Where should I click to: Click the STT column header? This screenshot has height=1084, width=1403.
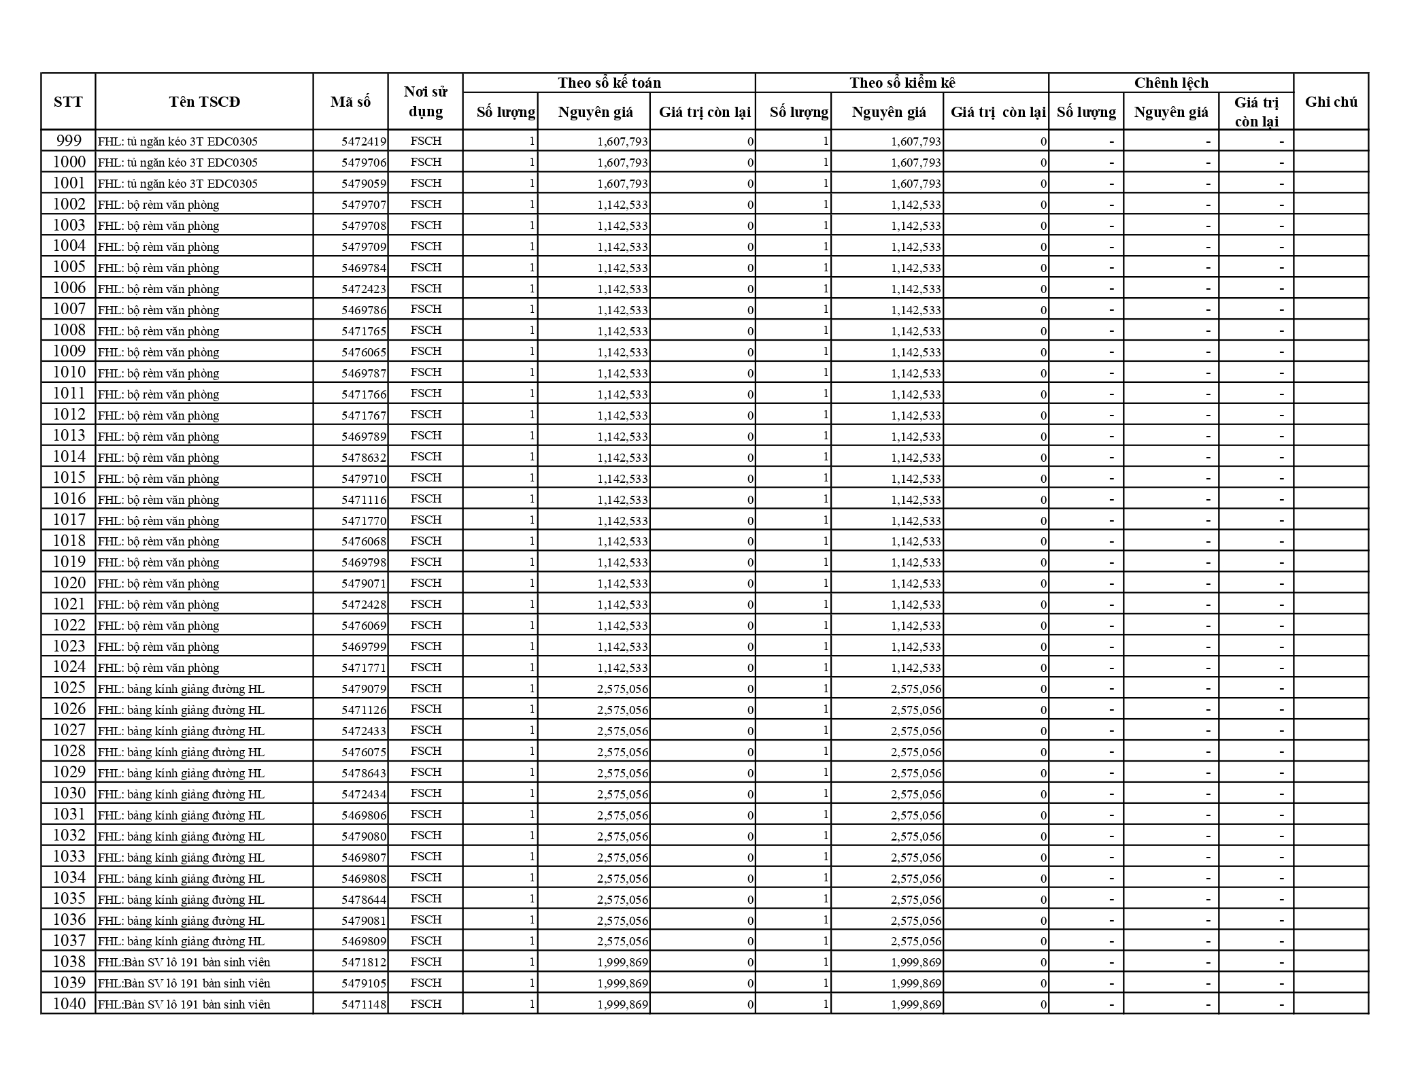[68, 102]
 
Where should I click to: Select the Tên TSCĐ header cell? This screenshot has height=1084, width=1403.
[204, 102]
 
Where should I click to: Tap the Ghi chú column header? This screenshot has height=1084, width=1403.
[1331, 102]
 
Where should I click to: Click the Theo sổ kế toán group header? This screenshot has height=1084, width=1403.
[609, 83]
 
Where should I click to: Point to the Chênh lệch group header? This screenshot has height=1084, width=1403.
[1170, 83]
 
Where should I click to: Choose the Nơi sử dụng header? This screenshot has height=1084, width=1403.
[425, 102]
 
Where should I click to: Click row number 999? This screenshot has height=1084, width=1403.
[69, 141]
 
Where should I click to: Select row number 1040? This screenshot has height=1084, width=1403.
[69, 1004]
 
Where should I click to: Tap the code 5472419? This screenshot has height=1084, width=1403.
[364, 141]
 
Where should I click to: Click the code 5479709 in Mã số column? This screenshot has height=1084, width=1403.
[364, 247]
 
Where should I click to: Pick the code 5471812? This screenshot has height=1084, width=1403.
[364, 962]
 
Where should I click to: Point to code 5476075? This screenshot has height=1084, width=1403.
[364, 751]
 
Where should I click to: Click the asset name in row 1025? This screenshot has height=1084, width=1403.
[181, 689]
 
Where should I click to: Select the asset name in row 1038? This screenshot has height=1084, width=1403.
[184, 962]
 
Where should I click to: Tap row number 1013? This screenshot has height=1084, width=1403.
[69, 436]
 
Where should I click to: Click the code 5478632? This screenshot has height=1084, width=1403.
[364, 457]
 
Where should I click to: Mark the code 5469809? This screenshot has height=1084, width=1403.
[364, 941]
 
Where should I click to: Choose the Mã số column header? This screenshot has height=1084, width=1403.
[350, 102]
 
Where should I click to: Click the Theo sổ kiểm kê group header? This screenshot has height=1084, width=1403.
[902, 83]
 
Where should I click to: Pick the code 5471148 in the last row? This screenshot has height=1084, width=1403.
[364, 1004]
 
